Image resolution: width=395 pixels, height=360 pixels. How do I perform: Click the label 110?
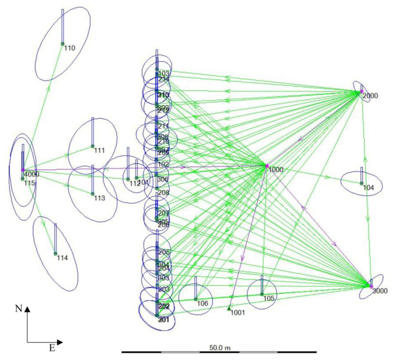coord(70,48)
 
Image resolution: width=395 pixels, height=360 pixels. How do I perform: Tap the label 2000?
coord(370,96)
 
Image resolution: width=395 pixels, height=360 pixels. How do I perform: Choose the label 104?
coord(369,188)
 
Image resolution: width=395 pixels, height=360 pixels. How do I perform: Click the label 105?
coord(269,298)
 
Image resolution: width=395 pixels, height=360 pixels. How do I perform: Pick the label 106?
coord(203,303)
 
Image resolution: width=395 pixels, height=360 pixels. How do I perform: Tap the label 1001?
coord(238,313)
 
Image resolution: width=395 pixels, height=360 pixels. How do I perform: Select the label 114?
coord(62,258)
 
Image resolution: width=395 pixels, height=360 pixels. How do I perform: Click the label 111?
coord(100,150)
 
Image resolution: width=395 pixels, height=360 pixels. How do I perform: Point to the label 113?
coord(100,198)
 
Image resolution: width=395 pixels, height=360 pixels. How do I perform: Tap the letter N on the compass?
coord(18,309)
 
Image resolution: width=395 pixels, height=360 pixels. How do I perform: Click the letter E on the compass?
coord(52,348)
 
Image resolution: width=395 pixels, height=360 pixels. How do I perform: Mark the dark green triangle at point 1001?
coord(229,308)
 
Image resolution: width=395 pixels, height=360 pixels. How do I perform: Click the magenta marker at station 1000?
coord(267,166)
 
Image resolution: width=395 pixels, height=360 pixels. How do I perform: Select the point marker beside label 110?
coord(62,44)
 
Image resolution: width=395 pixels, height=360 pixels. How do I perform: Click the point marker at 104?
coord(361,183)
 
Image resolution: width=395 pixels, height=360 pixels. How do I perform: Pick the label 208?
coord(164,192)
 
